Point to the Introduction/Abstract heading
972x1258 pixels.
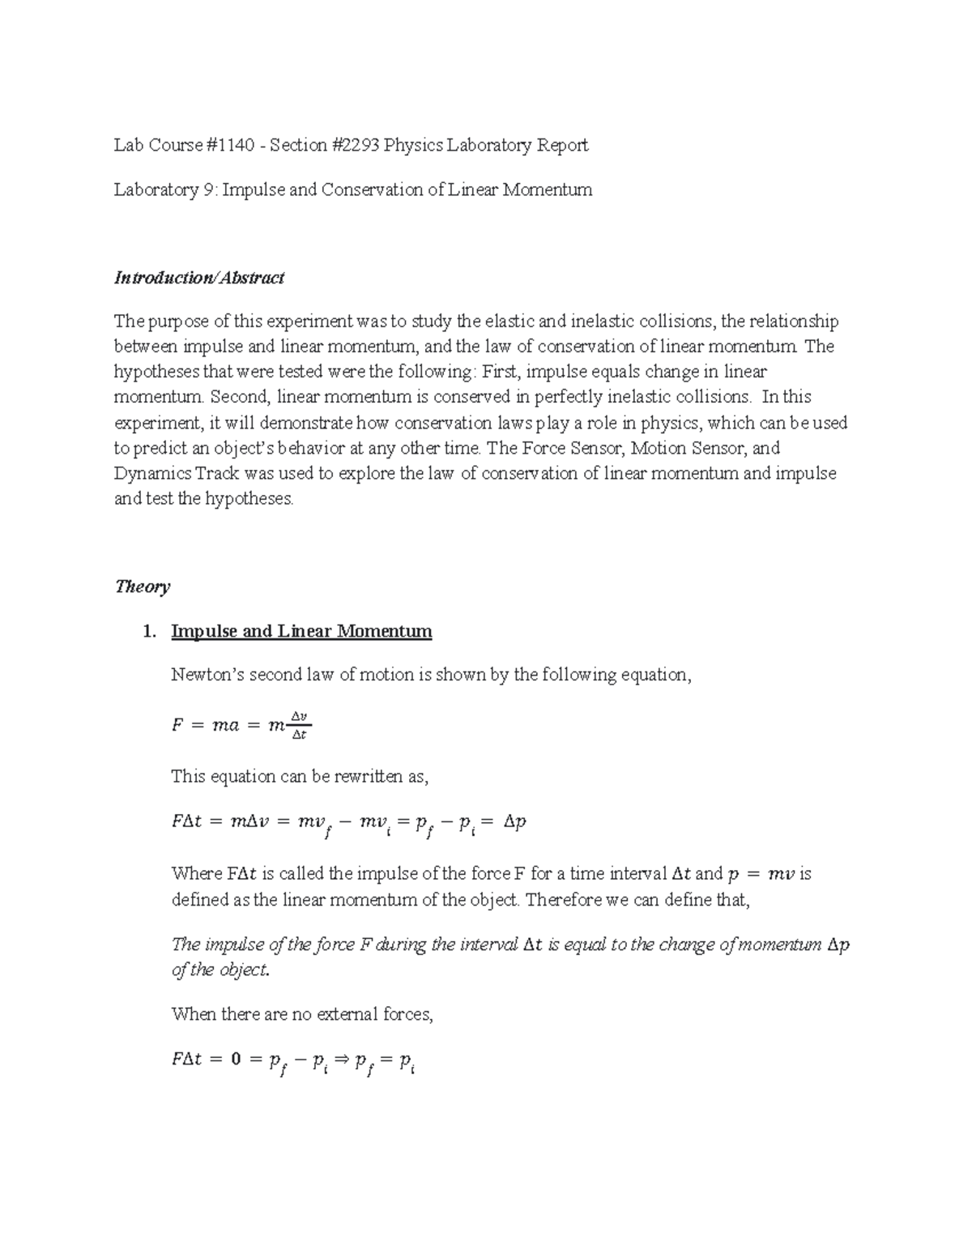198,278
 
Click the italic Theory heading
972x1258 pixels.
142,586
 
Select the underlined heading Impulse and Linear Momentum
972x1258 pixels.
301,631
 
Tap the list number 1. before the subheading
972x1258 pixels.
147,631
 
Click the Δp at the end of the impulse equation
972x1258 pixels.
514,822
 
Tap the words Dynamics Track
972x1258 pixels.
164,473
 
